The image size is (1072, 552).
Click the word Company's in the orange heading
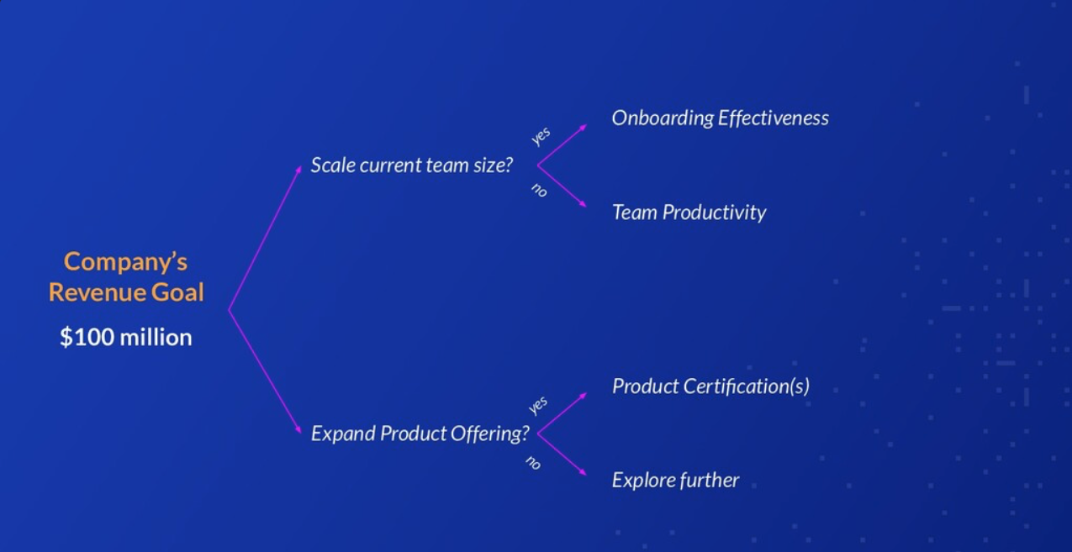click(125, 262)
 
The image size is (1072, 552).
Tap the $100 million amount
click(126, 337)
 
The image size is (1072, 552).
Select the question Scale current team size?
click(412, 166)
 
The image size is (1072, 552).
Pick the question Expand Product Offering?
click(420, 434)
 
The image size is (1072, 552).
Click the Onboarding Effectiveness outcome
click(721, 118)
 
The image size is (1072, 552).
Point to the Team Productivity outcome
click(689, 213)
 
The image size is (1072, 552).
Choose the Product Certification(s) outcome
click(710, 386)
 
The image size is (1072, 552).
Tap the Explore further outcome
click(675, 481)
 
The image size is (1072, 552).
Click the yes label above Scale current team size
click(541, 136)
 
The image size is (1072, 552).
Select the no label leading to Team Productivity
click(539, 191)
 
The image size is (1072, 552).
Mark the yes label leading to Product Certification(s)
click(538, 405)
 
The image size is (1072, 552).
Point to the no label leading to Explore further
click(533, 463)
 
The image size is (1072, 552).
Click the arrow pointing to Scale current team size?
click(265, 238)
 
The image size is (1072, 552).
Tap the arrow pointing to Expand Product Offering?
click(265, 371)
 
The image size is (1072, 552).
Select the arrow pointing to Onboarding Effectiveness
click(562, 145)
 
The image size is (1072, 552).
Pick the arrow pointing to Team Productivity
click(562, 186)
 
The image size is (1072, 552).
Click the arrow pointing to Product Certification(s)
click(562, 413)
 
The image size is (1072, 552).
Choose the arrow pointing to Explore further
click(562, 455)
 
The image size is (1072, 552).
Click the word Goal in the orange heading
click(177, 292)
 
